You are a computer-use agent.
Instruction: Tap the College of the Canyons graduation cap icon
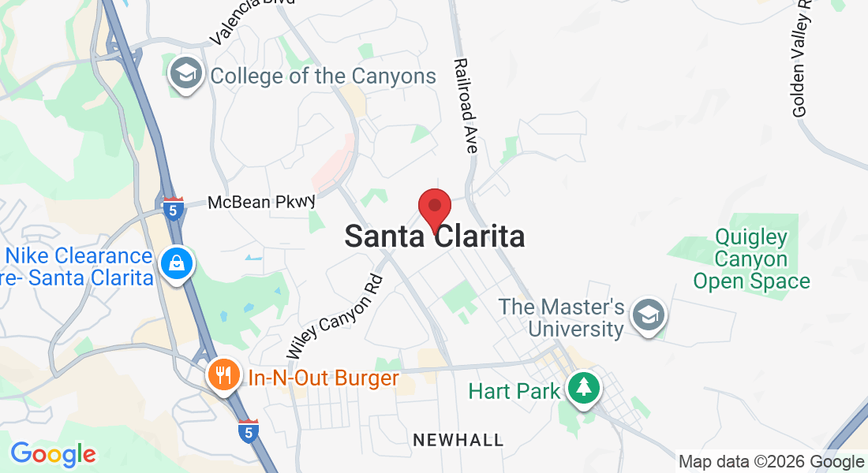(x=187, y=74)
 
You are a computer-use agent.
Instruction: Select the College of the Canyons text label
(x=324, y=76)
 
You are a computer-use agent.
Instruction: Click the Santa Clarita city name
(x=435, y=236)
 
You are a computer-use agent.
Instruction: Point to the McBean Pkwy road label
(x=261, y=203)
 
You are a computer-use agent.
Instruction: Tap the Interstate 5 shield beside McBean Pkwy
(x=174, y=209)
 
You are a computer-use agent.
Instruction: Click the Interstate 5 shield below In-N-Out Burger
(x=249, y=430)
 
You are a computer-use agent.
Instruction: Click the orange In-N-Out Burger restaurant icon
(x=224, y=375)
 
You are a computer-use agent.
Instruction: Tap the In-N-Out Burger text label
(x=324, y=378)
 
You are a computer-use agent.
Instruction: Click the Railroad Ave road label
(x=466, y=106)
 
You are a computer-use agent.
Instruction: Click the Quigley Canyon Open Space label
(x=751, y=259)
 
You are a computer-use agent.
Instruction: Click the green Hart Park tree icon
(x=584, y=387)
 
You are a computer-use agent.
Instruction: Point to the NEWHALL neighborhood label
(x=458, y=440)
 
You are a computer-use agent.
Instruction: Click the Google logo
(x=54, y=454)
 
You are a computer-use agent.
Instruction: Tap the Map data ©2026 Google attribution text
(x=771, y=462)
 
